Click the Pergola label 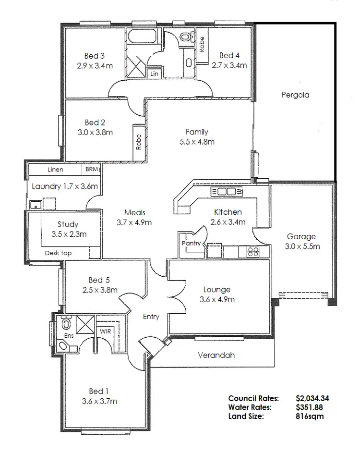click(x=295, y=95)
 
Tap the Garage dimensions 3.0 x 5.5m click(x=301, y=246)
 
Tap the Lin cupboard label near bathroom click(x=154, y=74)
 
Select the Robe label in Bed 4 click(x=202, y=45)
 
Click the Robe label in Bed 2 click(x=139, y=142)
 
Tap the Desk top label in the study click(x=58, y=253)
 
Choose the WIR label click(x=105, y=331)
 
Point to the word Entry click(x=151, y=317)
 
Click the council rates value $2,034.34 click(x=312, y=398)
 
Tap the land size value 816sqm click(x=310, y=416)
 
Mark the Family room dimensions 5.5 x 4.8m click(x=197, y=142)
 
